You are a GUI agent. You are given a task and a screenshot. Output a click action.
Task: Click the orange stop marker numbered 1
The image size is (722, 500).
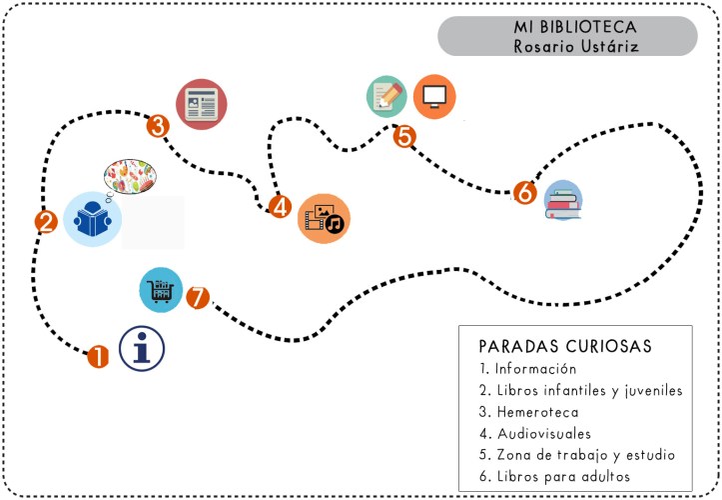[98, 357]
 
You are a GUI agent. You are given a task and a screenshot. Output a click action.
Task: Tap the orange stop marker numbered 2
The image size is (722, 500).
[45, 222]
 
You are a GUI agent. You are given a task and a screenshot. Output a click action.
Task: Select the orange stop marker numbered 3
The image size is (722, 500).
[158, 126]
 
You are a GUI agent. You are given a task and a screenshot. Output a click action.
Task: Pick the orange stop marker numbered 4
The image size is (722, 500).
[281, 207]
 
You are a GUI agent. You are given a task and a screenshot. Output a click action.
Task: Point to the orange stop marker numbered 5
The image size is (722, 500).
[403, 136]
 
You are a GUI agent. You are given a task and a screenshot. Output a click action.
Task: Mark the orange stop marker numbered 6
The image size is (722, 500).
[524, 192]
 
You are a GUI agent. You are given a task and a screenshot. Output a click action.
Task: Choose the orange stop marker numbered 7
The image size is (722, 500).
[198, 297]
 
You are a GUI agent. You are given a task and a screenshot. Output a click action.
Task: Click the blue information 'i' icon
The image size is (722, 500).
[142, 349]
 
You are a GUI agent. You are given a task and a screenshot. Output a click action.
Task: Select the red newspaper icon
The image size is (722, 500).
[202, 105]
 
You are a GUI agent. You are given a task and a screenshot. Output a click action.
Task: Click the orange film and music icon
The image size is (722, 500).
[325, 219]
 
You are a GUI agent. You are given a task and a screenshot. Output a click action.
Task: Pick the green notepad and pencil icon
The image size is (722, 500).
[386, 96]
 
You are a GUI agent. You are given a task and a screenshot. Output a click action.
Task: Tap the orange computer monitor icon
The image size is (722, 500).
[434, 96]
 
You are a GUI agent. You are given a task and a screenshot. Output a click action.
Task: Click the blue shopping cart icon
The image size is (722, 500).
[161, 291]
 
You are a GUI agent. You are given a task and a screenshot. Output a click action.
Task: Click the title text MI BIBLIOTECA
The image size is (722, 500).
[566, 28]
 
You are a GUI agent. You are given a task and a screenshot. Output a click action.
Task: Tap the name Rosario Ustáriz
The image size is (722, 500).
[566, 46]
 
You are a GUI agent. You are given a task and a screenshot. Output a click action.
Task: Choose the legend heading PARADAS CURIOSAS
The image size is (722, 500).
[565, 346]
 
